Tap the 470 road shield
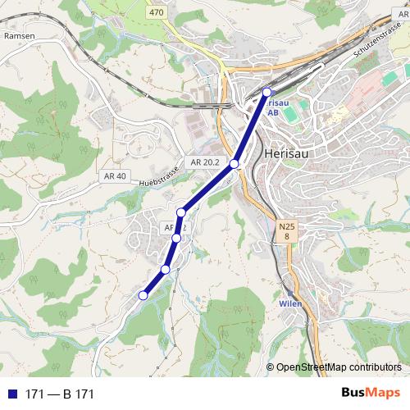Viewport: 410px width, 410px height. [157, 12]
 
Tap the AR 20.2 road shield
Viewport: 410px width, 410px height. [204, 162]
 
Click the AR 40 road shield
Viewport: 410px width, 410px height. [116, 176]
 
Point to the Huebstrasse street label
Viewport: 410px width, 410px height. [158, 181]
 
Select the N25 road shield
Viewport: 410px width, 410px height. [286, 225]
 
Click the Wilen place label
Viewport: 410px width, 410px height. [290, 303]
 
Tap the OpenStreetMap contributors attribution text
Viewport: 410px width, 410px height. [334, 367]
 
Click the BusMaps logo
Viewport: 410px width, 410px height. [371, 393]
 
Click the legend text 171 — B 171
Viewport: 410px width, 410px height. [60, 394]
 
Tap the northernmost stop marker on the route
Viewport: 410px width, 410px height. [266, 92]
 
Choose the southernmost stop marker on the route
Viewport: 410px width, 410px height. [143, 295]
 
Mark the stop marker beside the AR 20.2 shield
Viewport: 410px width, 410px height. [235, 164]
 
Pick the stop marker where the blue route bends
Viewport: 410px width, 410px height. [181, 212]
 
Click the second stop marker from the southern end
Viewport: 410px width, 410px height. [165, 269]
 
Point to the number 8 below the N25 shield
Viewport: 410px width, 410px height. [287, 237]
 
